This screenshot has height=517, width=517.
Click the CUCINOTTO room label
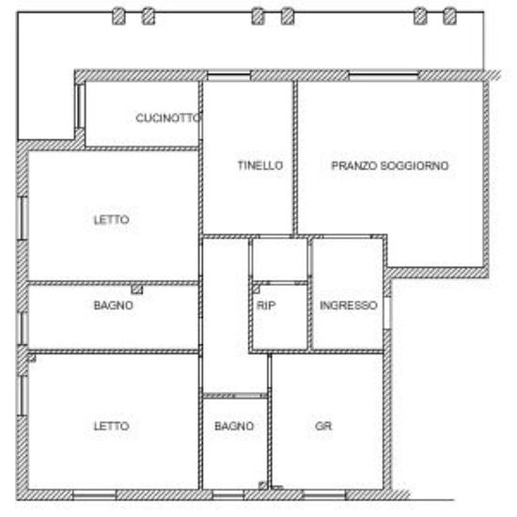[x=168, y=117]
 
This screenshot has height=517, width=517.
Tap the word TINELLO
[x=260, y=165]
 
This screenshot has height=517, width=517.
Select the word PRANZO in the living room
[x=353, y=165]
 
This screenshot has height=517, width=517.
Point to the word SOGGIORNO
[x=415, y=165]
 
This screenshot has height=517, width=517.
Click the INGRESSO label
[x=349, y=305]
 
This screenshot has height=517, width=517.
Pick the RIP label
[x=266, y=305]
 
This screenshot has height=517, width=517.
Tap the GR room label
[x=323, y=426]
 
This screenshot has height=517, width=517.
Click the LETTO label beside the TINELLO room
[x=111, y=220]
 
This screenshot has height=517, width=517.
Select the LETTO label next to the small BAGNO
[x=111, y=426]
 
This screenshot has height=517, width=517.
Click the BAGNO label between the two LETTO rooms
[x=114, y=305]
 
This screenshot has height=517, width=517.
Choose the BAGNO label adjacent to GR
[x=234, y=426]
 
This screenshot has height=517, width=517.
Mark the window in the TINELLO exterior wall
[x=228, y=76]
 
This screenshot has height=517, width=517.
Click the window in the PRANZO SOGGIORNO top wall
[x=384, y=76]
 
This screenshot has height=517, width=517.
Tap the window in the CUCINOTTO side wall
[x=80, y=106]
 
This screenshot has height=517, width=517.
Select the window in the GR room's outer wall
[x=324, y=494]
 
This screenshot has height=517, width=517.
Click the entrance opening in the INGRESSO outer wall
[x=387, y=313]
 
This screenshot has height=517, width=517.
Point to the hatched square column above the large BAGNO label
[x=137, y=290]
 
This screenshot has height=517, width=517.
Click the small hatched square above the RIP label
[x=257, y=290]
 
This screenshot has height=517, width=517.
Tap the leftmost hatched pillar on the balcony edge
[x=118, y=16]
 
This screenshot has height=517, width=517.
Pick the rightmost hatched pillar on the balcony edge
[x=449, y=16]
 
